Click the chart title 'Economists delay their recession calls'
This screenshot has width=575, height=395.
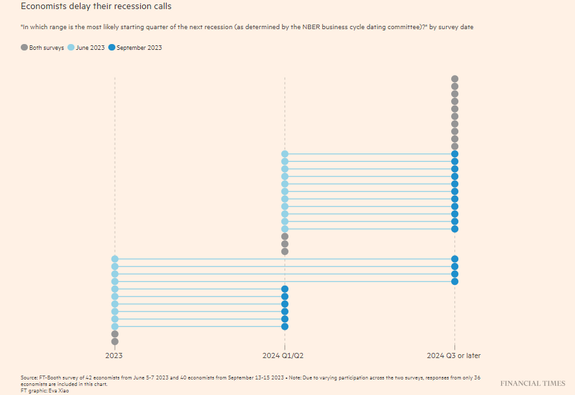96,6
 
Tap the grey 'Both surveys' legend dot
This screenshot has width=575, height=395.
25,48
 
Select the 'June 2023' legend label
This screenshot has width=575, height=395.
90,48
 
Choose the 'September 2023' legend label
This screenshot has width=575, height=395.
139,48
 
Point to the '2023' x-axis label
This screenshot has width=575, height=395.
115,356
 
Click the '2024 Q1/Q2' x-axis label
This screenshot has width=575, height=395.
283,356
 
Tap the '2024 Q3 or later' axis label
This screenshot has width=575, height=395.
454,356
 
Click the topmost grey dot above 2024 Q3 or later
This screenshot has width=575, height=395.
455,79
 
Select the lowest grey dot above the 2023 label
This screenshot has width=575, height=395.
115,341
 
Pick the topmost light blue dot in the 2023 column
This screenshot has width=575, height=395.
115,259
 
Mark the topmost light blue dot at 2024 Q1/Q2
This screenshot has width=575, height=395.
285,154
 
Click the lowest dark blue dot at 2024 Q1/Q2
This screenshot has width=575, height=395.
285,326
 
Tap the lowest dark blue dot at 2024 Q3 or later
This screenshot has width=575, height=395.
455,282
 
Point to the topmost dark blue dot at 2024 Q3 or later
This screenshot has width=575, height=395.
455,154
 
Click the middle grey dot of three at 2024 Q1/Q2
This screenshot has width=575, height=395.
285,244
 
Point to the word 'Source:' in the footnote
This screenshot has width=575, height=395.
29,377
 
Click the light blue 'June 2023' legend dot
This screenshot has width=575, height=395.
71,48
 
